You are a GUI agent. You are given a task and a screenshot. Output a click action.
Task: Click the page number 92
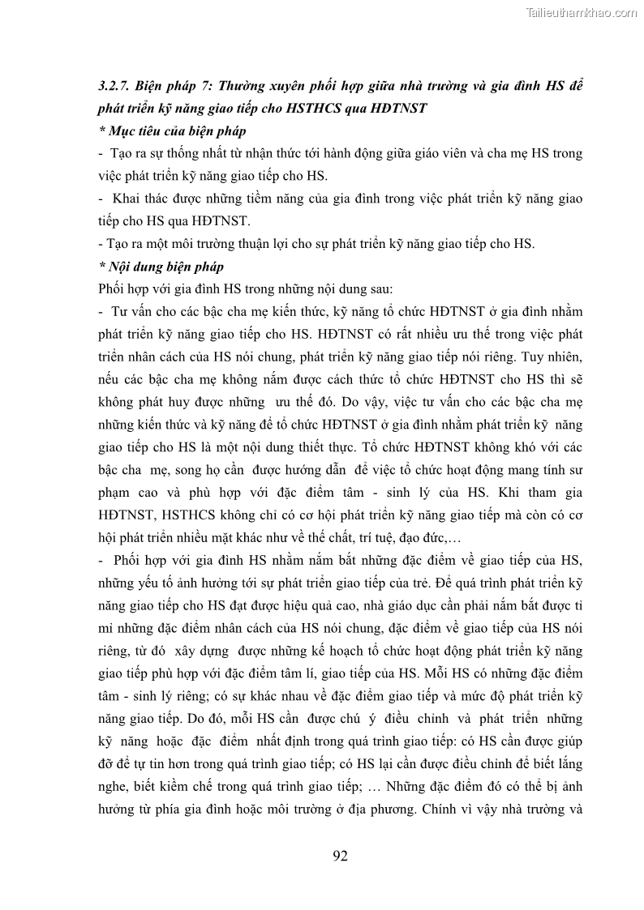(x=340, y=857)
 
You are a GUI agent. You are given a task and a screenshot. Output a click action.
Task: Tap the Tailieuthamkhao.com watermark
(x=582, y=12)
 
